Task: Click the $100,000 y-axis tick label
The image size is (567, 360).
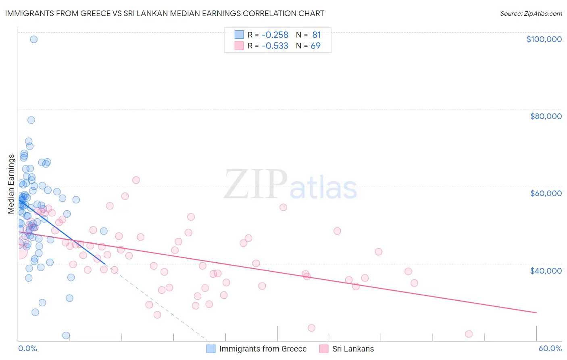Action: [544, 39]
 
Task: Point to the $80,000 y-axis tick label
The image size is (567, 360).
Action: [546, 116]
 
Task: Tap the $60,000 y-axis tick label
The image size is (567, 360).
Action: [546, 193]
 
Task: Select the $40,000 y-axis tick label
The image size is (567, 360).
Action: [546, 270]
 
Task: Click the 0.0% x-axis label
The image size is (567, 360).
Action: [27, 348]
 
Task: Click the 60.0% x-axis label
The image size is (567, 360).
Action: [550, 348]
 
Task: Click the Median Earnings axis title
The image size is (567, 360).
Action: [11, 184]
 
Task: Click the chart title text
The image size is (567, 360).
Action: [165, 13]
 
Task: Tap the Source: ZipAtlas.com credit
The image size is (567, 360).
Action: [531, 14]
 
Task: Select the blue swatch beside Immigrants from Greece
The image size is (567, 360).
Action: [211, 349]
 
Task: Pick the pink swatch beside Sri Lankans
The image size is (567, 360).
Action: [324, 349]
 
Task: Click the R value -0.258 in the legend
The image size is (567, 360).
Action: [275, 35]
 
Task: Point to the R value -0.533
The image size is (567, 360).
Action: [275, 46]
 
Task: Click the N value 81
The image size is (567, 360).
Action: [316, 35]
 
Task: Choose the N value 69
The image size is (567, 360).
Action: [315, 46]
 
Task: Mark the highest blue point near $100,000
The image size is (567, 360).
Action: [34, 39]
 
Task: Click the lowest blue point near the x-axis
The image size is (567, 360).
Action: [66, 335]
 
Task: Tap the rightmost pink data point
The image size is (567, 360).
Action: [469, 334]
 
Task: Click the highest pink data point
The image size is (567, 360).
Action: [136, 180]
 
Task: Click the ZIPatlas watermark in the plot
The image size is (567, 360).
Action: [290, 185]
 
